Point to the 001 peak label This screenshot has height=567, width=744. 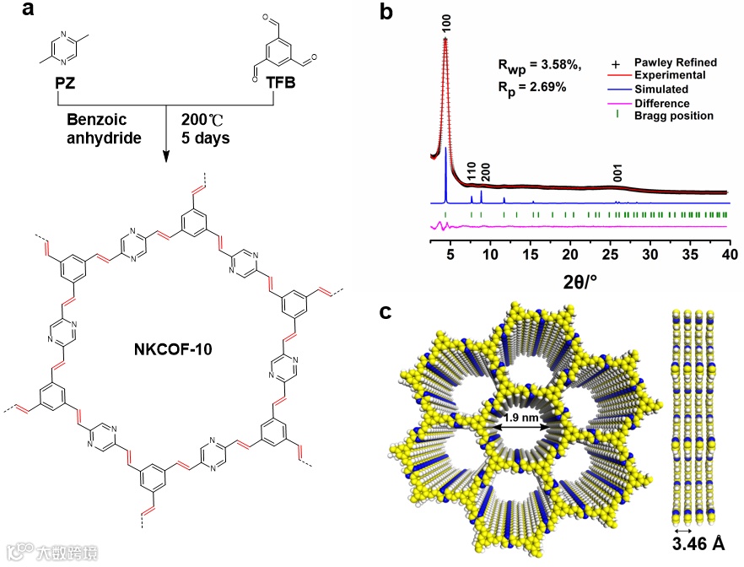[618, 174]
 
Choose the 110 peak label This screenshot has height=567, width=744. [471, 173]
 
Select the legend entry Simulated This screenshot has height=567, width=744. [660, 89]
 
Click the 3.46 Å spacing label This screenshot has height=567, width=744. [697, 543]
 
